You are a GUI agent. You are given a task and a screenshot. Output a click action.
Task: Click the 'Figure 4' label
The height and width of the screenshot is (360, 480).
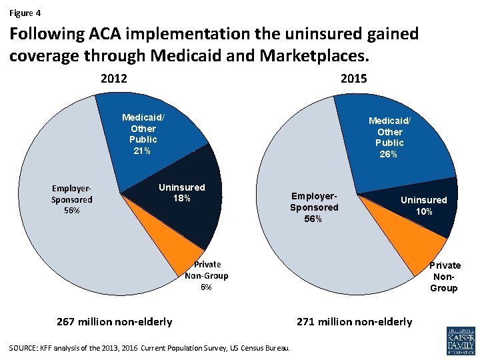[x=25, y=13]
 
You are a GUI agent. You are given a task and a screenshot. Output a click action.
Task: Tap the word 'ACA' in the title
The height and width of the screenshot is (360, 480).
[x=105, y=34]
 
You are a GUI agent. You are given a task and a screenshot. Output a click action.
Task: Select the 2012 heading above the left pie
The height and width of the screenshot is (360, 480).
[x=114, y=79]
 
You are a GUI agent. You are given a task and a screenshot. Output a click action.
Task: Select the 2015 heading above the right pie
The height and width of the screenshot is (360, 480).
[x=353, y=79]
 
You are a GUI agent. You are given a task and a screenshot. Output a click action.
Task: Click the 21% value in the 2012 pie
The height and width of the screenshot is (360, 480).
[x=142, y=151]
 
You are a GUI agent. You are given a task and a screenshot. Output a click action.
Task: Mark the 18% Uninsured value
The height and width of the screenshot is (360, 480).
[x=182, y=199]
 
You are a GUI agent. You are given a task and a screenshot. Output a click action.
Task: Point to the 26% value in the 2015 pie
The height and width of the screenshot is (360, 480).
[x=388, y=154]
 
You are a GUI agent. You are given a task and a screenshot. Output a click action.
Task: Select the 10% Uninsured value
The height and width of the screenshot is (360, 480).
[x=424, y=211]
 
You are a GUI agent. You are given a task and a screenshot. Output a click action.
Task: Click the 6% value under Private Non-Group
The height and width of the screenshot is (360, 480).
[x=206, y=287]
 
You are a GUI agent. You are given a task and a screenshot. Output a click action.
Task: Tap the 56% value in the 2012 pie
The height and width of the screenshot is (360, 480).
[x=71, y=211]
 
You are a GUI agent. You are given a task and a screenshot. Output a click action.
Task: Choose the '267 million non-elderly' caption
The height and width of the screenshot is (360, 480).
[x=115, y=322]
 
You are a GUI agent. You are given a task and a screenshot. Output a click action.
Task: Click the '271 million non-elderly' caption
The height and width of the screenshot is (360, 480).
[x=355, y=322]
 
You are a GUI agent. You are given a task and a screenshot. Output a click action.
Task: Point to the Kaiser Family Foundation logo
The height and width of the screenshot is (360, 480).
[x=461, y=341]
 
